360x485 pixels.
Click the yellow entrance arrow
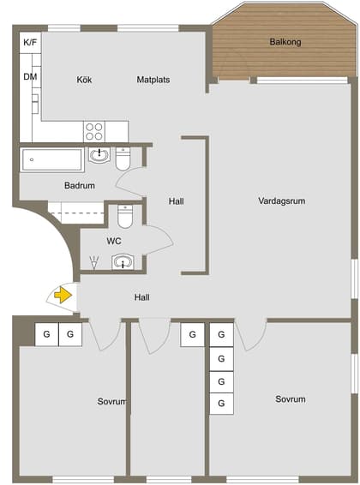coord(63,296)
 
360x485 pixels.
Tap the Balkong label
coord(285,41)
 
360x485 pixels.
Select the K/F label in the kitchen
coord(30,41)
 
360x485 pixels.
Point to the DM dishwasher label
coord(30,77)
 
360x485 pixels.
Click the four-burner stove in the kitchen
coord(94,131)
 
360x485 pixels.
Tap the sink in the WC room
coord(124,262)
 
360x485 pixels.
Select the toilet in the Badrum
coord(123,159)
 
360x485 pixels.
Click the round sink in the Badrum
coord(100,155)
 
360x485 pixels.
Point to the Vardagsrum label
coord(282,201)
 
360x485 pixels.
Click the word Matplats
coord(153,80)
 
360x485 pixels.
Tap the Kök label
coord(84,80)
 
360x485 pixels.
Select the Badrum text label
coord(79,185)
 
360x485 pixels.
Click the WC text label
coord(114,242)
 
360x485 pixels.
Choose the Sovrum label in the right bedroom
coord(290,399)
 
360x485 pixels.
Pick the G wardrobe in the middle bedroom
coord(192,334)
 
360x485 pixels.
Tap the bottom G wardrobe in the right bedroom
coord(221,403)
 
